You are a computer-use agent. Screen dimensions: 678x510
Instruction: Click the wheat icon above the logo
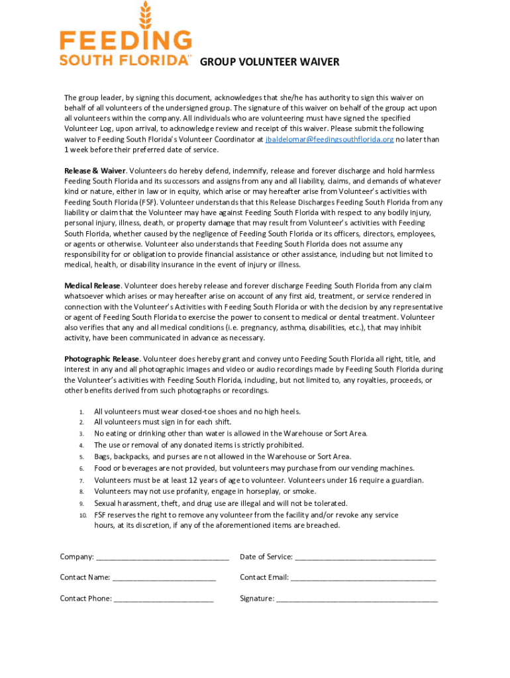(145, 15)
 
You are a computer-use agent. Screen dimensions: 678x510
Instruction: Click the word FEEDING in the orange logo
(126, 42)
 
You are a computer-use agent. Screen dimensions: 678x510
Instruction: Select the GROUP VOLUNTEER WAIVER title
(270, 62)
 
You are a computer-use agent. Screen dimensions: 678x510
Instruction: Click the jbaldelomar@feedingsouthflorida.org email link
(329, 140)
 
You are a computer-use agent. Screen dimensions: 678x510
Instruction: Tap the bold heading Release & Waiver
(95, 171)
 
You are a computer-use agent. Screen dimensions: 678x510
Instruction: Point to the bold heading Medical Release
(92, 286)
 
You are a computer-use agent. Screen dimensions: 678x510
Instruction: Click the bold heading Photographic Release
(101, 359)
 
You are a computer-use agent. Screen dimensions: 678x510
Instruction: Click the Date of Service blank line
(365, 557)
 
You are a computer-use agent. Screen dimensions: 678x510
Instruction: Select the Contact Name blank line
(164, 578)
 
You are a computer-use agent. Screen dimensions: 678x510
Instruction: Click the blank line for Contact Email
(363, 578)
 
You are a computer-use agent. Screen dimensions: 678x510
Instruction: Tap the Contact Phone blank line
(164, 599)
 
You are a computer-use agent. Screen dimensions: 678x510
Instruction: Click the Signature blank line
(357, 599)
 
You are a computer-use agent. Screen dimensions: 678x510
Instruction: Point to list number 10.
(83, 515)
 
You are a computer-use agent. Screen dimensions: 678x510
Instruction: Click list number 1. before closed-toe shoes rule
(81, 412)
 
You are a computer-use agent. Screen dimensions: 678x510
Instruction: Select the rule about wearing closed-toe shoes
(197, 411)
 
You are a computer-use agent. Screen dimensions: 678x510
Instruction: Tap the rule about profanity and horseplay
(205, 491)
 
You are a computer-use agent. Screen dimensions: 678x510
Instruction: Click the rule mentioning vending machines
(254, 468)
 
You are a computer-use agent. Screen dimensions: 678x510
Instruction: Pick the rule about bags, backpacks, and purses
(223, 456)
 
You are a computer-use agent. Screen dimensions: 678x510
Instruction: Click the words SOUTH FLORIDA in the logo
(124, 60)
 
